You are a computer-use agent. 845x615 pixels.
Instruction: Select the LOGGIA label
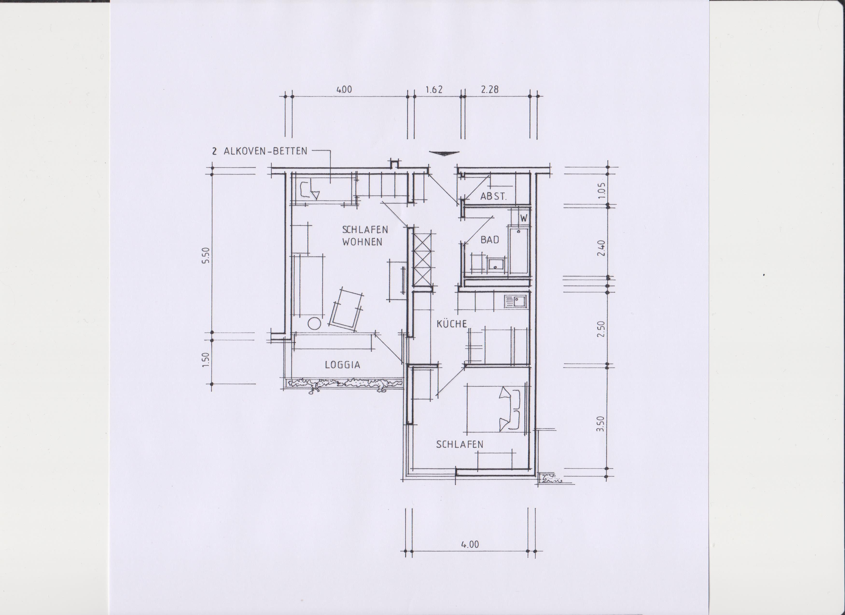342,365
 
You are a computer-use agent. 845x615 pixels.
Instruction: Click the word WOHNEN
362,242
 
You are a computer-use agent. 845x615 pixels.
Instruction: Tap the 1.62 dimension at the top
434,90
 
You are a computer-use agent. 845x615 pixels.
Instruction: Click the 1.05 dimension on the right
601,190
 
